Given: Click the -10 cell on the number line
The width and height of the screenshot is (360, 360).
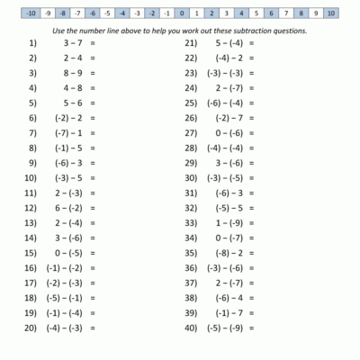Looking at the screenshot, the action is (x=31, y=13).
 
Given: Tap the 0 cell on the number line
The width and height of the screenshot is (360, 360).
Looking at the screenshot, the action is (x=182, y=13).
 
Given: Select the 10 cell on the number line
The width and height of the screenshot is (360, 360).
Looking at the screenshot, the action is (x=330, y=13).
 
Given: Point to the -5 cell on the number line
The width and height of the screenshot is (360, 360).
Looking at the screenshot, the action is (x=107, y=13).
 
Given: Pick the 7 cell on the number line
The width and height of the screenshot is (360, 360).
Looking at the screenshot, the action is (x=286, y=13).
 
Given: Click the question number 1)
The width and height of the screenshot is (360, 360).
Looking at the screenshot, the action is (x=33, y=42).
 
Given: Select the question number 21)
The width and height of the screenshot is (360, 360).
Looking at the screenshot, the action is (x=191, y=42).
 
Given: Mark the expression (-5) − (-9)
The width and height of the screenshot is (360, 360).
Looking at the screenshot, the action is (x=224, y=328).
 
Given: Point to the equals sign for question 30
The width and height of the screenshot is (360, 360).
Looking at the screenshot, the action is (x=251, y=177).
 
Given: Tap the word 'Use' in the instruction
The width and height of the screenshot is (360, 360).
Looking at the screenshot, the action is (x=62, y=30).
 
